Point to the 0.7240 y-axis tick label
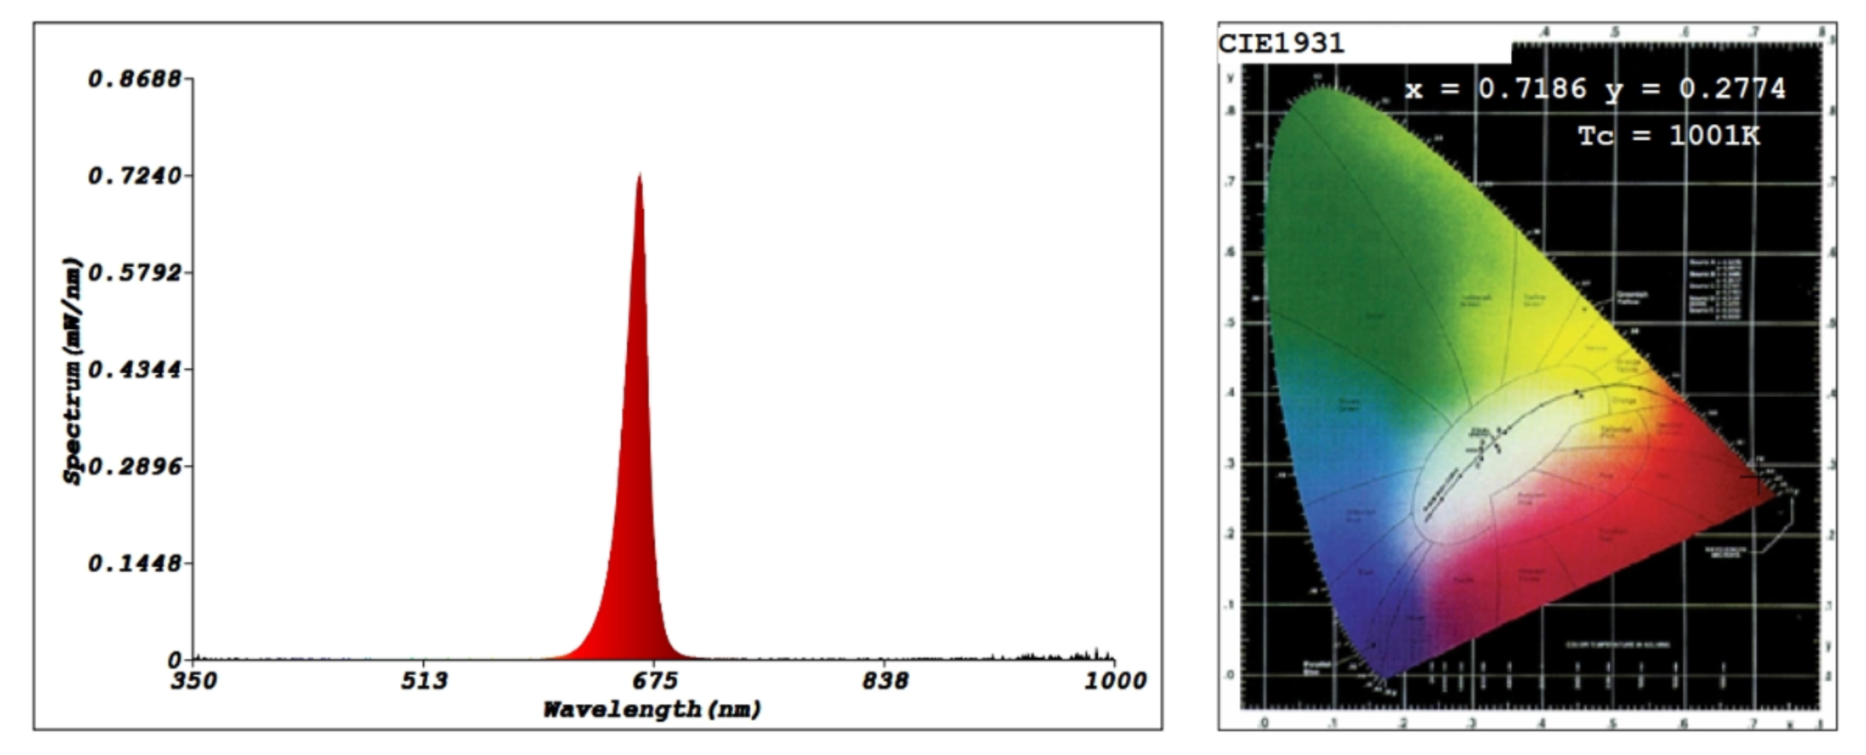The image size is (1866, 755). [135, 176]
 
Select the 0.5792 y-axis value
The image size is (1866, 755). [135, 273]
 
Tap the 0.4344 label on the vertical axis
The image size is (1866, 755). [135, 369]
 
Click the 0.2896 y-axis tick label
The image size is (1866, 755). [135, 466]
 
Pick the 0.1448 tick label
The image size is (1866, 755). [135, 563]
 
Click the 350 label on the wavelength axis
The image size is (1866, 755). [193, 681]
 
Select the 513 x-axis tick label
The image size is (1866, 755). [423, 681]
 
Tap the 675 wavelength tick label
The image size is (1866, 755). [655, 681]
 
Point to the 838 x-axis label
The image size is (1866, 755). [884, 681]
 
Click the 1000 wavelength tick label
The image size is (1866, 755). [1114, 681]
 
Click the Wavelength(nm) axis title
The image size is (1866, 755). [652, 710]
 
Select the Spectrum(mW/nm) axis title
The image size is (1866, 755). [72, 371]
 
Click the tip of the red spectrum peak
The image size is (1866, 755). [640, 175]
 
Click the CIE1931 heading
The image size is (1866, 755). [1281, 43]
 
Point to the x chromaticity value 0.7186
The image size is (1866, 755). [1532, 89]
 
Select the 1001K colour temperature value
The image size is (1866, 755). [1714, 136]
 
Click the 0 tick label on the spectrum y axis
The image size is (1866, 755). [175, 660]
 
